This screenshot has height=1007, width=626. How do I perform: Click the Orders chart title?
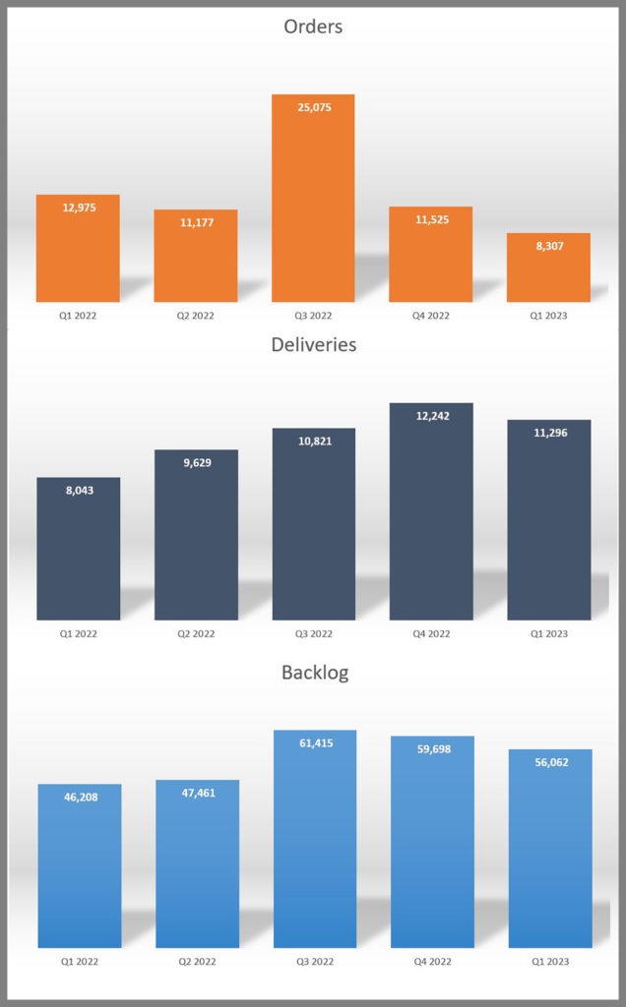click(x=313, y=27)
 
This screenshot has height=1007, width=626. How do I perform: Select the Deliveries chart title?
click(x=313, y=345)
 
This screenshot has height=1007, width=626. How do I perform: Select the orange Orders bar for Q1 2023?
click(x=548, y=268)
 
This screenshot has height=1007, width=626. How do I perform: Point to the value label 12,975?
click(x=79, y=207)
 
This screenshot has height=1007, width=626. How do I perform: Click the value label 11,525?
click(x=432, y=219)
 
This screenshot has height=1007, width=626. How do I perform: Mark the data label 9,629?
click(x=197, y=462)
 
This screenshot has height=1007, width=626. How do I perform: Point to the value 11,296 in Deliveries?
click(x=549, y=433)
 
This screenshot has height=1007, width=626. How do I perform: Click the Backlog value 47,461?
click(x=198, y=793)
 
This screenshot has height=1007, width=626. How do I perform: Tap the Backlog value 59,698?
click(x=433, y=749)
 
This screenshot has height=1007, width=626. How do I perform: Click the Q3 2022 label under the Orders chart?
click(x=313, y=316)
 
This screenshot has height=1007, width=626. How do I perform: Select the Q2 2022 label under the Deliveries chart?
click(x=196, y=634)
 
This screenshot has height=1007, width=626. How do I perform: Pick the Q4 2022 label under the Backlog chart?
click(x=432, y=962)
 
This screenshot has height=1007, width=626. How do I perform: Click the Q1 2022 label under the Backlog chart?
click(x=79, y=962)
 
